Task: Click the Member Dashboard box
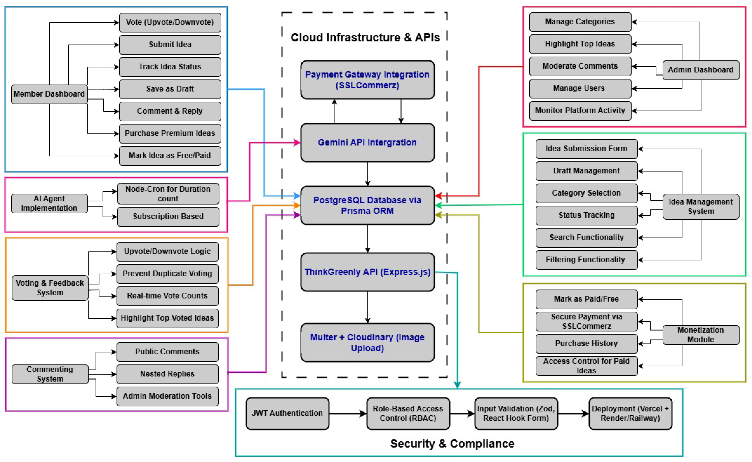tap(49, 94)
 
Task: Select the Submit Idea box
tap(170, 45)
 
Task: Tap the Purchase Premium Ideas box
tap(170, 133)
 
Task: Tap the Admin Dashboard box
tap(700, 70)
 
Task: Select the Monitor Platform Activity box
tap(580, 111)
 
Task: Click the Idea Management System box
tap(700, 207)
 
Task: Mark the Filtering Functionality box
tap(586, 260)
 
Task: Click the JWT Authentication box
tap(287, 413)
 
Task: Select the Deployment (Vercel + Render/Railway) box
tap(630, 413)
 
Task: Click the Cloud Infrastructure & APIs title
tap(365, 37)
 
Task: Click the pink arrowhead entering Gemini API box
tap(297, 142)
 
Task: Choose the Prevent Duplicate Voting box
tap(167, 274)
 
